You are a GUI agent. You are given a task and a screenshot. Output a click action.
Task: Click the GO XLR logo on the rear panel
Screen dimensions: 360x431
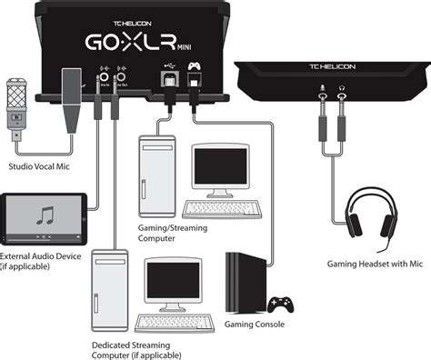click(x=137, y=45)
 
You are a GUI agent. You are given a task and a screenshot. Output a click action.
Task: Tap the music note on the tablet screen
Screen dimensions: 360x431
click(x=45, y=217)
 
